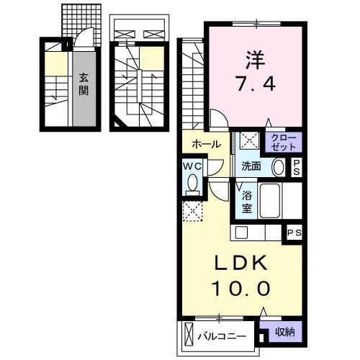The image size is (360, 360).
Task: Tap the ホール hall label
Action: (x=206, y=144)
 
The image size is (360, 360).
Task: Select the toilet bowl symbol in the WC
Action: (x=191, y=184)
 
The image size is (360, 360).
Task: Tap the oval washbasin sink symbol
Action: (x=279, y=167)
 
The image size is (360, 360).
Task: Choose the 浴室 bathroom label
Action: (x=246, y=201)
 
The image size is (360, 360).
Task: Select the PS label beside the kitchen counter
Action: (x=294, y=233)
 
